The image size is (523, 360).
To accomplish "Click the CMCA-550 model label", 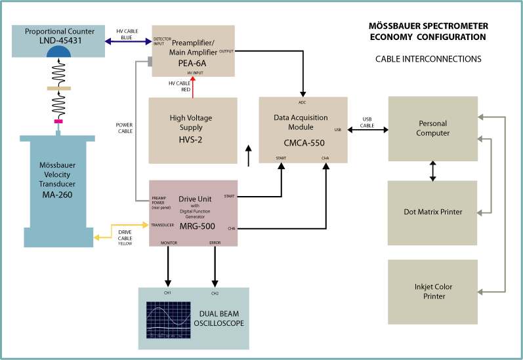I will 303,144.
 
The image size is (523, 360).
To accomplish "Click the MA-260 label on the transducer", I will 58,194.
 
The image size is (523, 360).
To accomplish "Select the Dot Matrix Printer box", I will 432,212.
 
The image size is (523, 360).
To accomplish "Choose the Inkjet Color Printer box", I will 432,292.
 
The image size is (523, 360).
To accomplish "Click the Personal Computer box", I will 432,128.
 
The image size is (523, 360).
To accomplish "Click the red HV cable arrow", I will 193,89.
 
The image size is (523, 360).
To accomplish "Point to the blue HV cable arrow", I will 127,46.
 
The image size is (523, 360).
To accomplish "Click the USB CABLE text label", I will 367,122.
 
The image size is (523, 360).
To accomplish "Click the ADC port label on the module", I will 303,103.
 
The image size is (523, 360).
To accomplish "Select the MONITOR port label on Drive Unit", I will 169,243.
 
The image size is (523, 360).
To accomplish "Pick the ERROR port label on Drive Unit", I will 215,243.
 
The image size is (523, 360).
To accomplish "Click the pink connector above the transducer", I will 58,121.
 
